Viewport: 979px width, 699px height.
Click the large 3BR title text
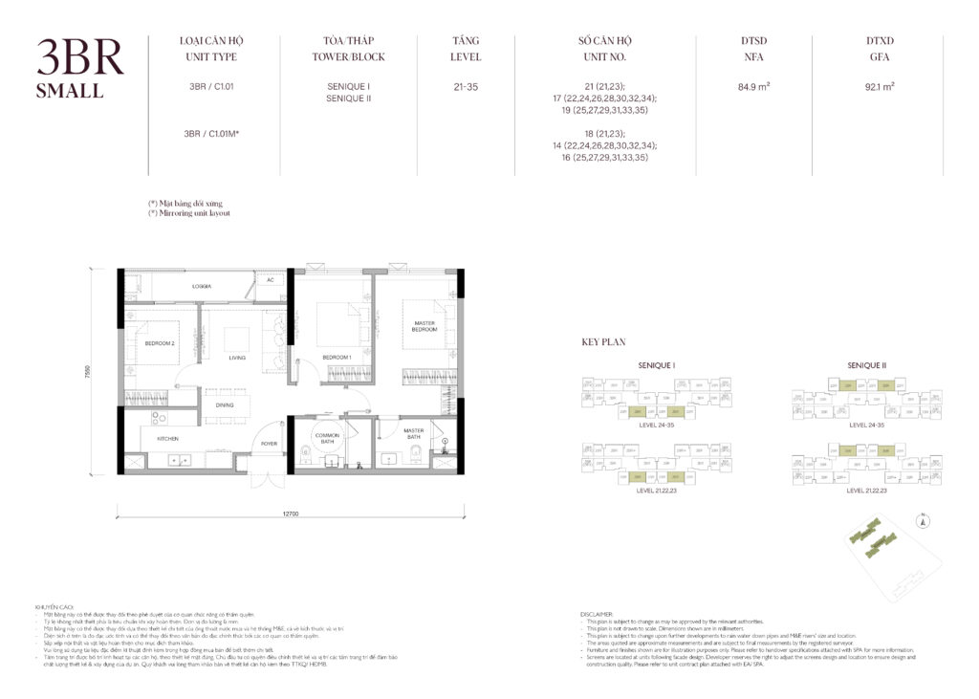point(80,59)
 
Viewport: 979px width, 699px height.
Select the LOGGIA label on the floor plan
point(201,287)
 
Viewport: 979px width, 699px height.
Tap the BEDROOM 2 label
point(160,342)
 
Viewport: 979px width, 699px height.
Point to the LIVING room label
point(237,358)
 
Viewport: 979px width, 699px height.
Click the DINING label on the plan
point(225,405)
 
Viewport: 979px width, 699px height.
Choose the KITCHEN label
point(168,439)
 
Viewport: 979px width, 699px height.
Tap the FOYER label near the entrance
point(271,443)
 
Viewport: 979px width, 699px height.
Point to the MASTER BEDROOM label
point(424,327)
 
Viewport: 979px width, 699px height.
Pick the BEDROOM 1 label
point(337,358)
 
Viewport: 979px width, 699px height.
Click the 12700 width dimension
point(292,514)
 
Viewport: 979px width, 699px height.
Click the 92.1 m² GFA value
point(879,87)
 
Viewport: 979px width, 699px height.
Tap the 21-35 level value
point(466,87)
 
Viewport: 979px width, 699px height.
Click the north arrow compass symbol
point(922,522)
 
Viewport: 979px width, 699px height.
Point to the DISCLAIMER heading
point(599,613)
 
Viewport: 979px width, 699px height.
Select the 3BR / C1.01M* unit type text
point(211,134)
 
